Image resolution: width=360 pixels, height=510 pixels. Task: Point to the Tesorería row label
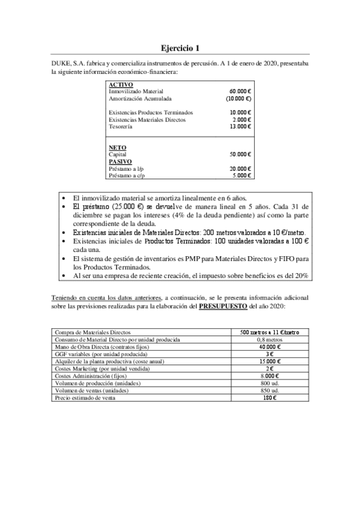click(121, 126)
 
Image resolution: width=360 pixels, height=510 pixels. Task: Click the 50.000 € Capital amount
click(240, 155)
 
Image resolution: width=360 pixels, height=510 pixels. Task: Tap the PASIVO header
click(120, 161)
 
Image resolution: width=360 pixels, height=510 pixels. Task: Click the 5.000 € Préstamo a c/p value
click(241, 176)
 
